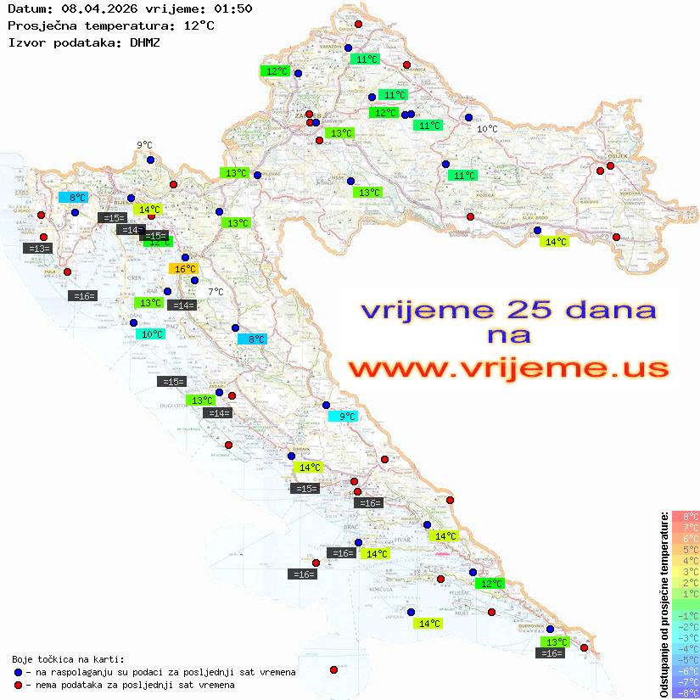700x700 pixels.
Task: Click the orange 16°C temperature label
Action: click(183, 269)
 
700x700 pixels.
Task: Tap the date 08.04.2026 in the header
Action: click(92, 8)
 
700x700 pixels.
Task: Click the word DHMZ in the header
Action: click(145, 42)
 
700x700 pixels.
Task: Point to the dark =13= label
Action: click(38, 248)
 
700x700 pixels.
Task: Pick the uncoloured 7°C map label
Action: click(216, 292)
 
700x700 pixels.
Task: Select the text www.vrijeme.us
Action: click(508, 369)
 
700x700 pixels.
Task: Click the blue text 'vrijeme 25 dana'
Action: click(508, 310)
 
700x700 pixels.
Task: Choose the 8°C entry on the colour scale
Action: click(686, 517)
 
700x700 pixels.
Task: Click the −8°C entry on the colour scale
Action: click(686, 693)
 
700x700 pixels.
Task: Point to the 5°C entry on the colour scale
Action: click(686, 550)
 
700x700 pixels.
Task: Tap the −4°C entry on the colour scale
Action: click(686, 649)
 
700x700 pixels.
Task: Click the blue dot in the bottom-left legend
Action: click(18, 672)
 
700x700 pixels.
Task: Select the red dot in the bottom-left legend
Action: click(18, 685)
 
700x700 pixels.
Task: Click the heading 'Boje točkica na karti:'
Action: click(68, 659)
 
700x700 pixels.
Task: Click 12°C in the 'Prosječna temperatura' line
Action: click(199, 25)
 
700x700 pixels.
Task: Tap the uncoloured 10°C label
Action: click(487, 129)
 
